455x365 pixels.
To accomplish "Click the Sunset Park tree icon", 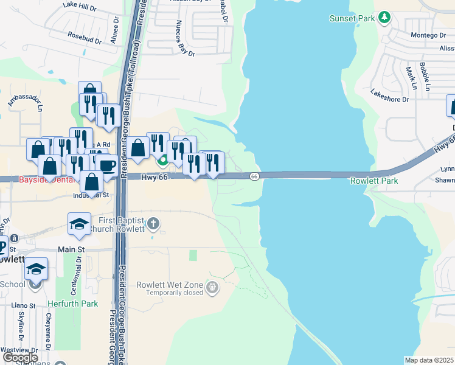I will (x=384, y=18).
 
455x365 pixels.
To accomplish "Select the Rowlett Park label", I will (x=374, y=181).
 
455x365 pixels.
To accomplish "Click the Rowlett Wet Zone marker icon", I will (x=212, y=286).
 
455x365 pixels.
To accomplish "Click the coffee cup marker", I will (x=107, y=165).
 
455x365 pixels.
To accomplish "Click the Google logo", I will (x=20, y=357).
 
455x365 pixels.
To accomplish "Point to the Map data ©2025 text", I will (x=428, y=360).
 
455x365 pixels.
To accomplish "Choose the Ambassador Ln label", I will (x=26, y=101).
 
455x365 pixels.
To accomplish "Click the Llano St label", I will (x=24, y=304).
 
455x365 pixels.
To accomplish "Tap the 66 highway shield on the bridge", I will (x=254, y=176).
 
